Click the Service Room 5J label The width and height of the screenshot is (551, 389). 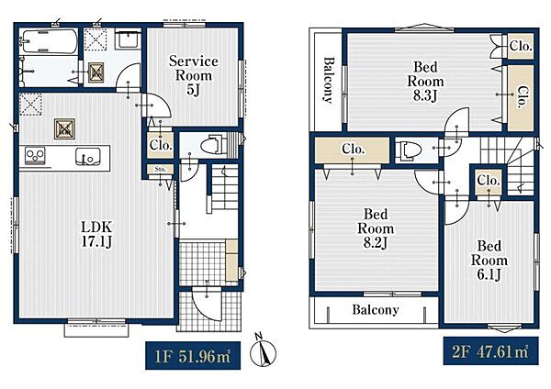click(193, 75)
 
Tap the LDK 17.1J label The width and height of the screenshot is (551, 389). click(96, 234)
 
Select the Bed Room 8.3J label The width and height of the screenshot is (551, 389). click(425, 81)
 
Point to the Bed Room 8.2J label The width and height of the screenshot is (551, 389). click(376, 228)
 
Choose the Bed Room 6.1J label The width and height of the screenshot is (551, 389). click(489, 261)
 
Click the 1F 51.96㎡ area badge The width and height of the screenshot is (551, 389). click(193, 356)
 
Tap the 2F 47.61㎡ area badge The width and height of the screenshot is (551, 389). click(490, 351)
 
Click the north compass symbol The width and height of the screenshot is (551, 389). click(263, 352)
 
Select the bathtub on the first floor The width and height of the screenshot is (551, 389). click(49, 41)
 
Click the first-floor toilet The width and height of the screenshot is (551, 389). click(214, 144)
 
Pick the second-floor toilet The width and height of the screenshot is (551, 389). click(408, 150)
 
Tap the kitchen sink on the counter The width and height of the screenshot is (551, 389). click(87, 157)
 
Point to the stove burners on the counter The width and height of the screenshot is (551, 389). click(35, 156)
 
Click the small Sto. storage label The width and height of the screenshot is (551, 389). click(160, 169)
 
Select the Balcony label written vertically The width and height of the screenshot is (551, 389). click(328, 80)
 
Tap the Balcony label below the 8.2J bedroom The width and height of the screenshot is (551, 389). click(376, 310)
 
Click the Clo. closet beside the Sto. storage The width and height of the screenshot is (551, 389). click(161, 145)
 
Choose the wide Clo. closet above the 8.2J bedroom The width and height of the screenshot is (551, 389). click(353, 150)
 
